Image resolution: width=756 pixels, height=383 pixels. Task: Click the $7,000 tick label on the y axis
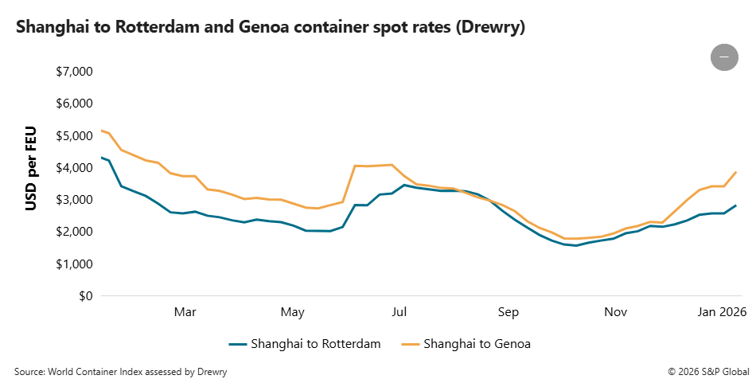(x=74, y=72)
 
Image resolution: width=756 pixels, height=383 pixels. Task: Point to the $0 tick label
(x=84, y=296)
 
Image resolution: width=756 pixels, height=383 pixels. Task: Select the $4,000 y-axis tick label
(x=74, y=168)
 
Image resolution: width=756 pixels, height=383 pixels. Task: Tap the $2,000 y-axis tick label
(x=74, y=232)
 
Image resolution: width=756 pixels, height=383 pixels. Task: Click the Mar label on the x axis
(x=185, y=312)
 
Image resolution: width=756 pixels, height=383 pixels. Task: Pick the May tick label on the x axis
(x=293, y=312)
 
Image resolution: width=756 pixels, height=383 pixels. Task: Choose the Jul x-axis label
(x=400, y=312)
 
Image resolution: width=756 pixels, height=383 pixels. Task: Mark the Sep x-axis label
(x=509, y=312)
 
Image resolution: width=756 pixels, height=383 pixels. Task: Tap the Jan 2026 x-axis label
(x=723, y=312)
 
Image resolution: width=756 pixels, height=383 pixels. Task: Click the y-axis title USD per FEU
(x=32, y=169)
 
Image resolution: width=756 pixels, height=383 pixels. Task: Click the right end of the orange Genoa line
(x=736, y=172)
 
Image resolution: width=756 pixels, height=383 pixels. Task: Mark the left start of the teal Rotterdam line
(x=101, y=158)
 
